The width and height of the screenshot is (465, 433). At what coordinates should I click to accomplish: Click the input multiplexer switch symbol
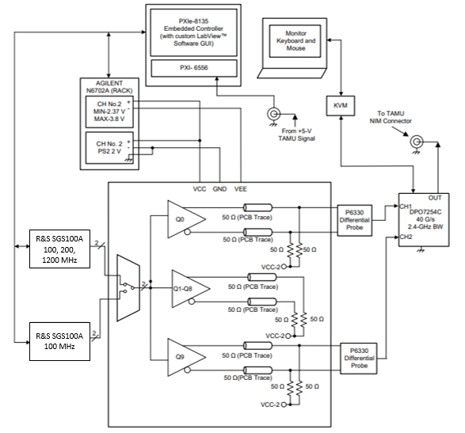click(127, 283)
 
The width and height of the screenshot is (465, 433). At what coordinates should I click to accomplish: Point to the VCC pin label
click(200, 190)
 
